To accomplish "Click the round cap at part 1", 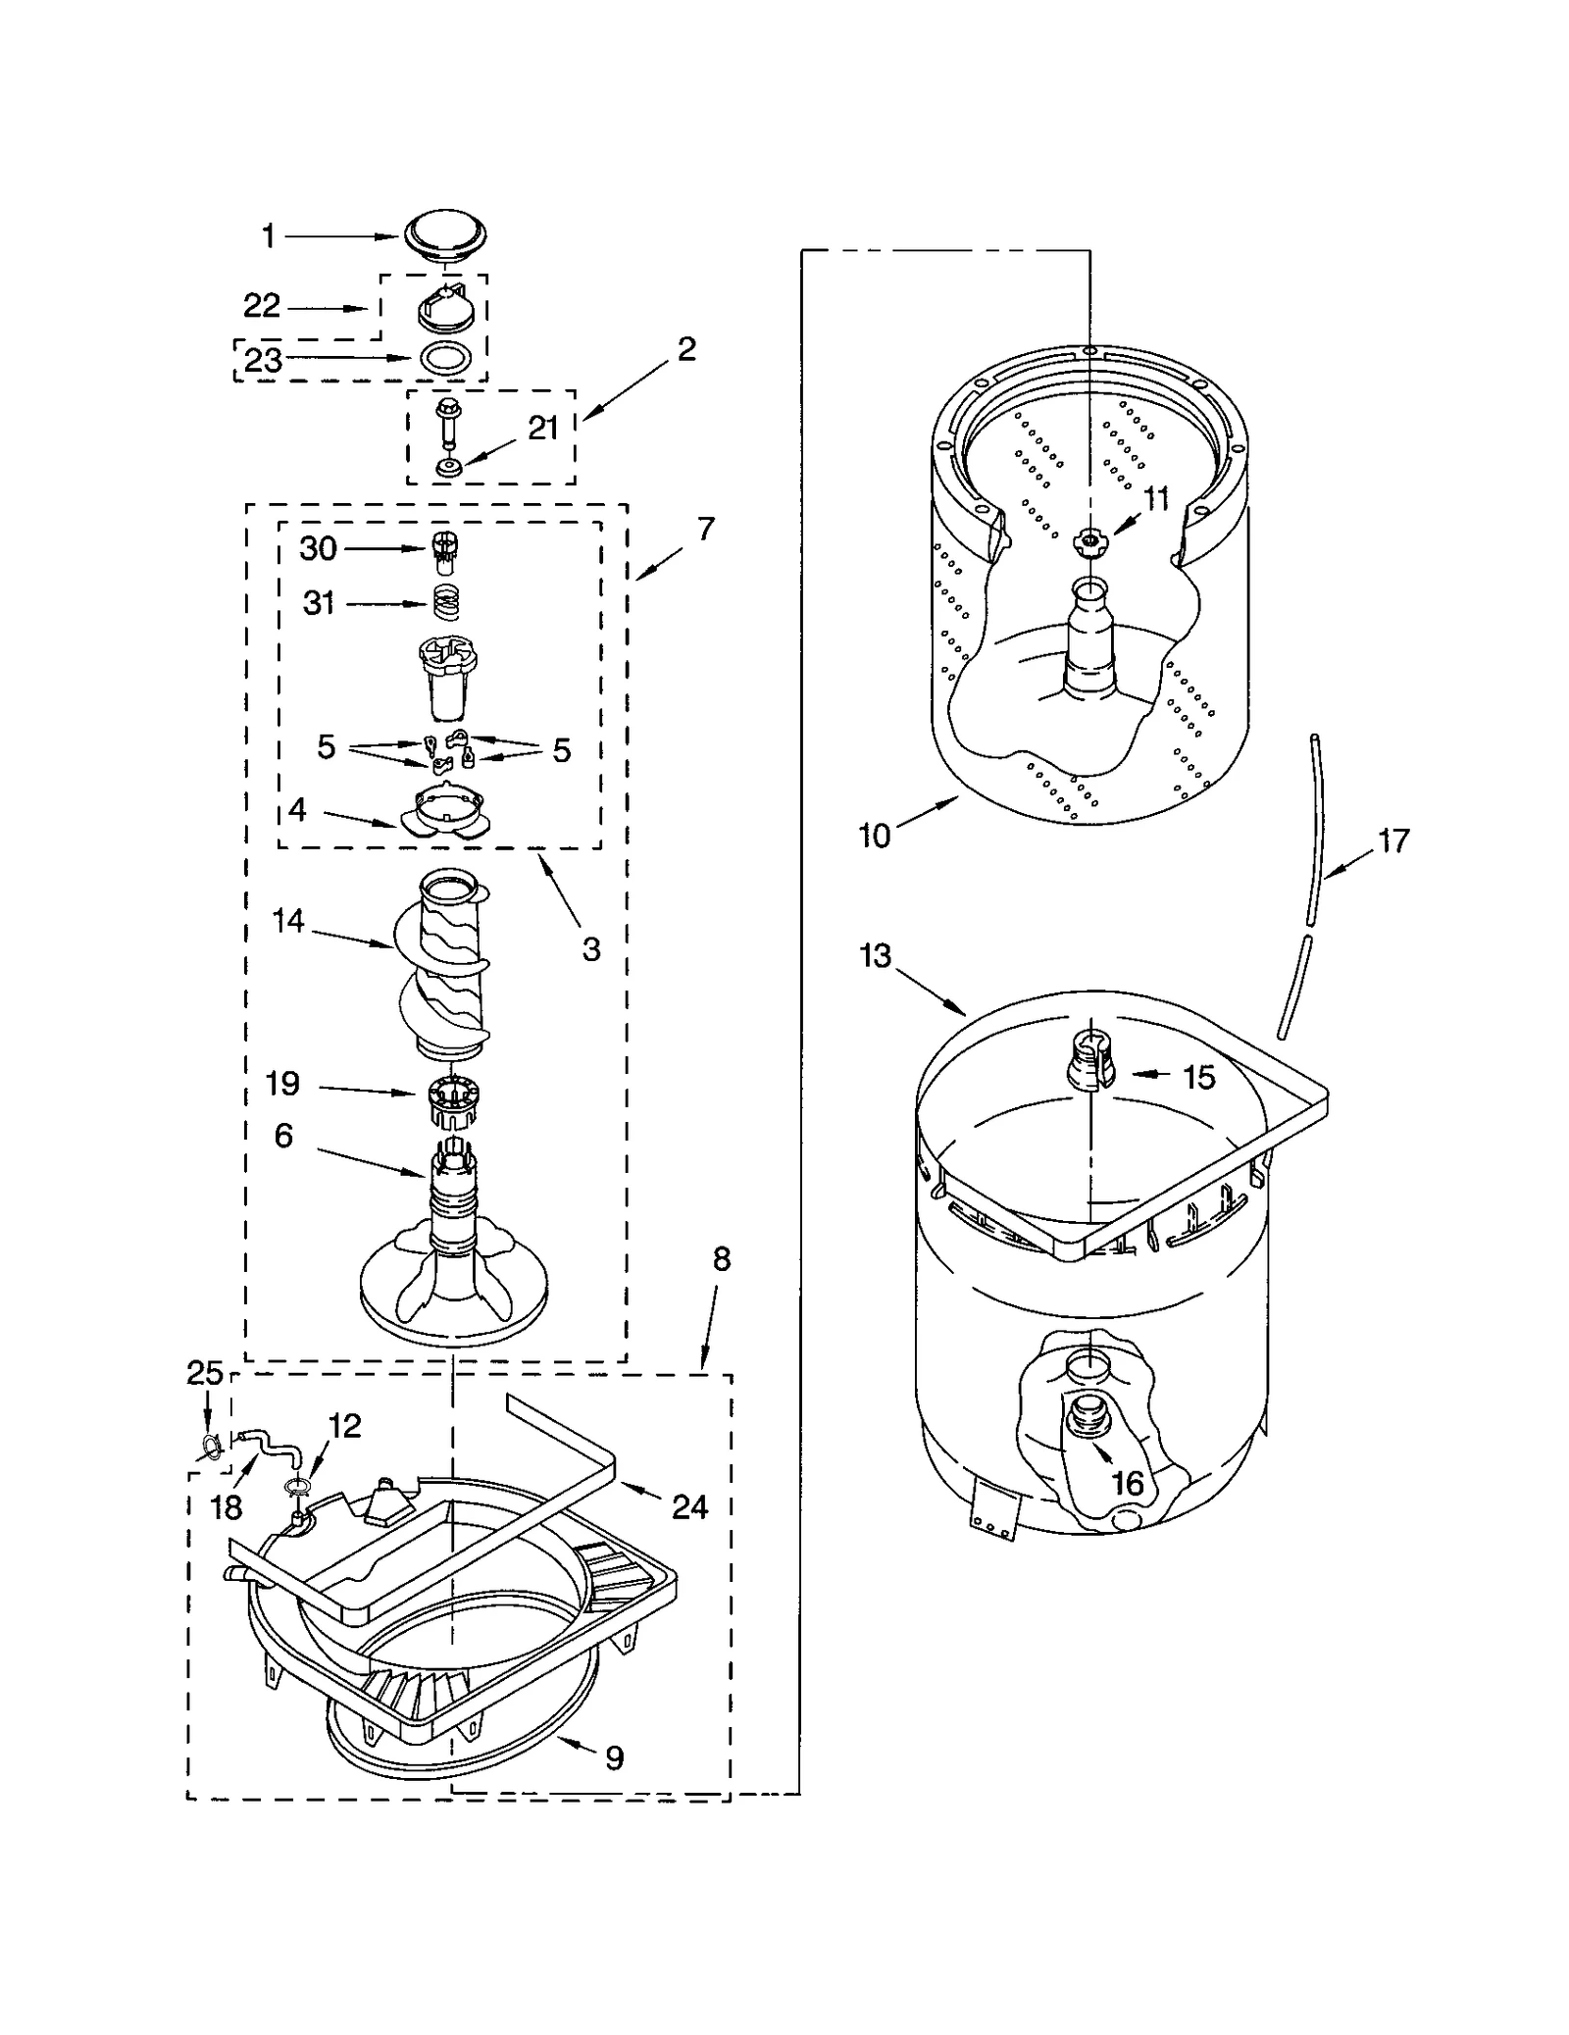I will pos(444,235).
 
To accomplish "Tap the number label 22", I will pos(262,306).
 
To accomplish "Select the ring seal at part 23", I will pos(444,360).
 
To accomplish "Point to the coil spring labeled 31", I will pos(447,602).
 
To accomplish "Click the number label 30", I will pos(318,548).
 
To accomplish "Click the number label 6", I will pos(282,1136).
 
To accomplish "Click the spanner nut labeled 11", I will pos(1089,539).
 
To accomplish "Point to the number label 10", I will pos(874,836).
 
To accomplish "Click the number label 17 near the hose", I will pos(1393,840).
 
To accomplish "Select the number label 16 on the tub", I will pos(1128,1483).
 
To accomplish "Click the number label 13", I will pos(875,954).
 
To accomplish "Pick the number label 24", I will pos(689,1506).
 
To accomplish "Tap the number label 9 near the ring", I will pos(614,1758).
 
